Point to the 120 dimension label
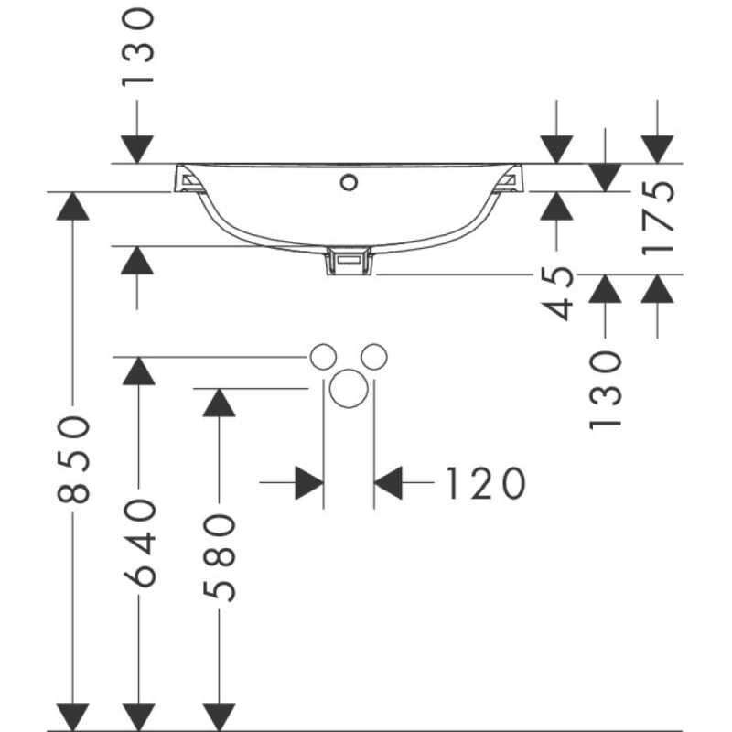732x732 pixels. tap(484, 482)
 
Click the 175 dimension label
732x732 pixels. tap(659, 218)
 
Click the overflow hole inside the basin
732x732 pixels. tap(348, 181)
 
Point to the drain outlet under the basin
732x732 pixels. tap(349, 263)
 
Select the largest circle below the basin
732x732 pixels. tap(349, 390)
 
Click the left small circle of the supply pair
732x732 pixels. tap(323, 357)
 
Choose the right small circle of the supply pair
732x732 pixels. tap(373, 357)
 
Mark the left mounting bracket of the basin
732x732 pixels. tap(188, 179)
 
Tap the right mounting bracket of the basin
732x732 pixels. tap(509, 179)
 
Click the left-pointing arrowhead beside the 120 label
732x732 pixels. tap(390, 482)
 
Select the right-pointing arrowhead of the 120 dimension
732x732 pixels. tap(307, 482)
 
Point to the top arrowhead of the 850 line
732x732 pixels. tap(72, 207)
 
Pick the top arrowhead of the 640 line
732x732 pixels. tap(138, 371)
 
